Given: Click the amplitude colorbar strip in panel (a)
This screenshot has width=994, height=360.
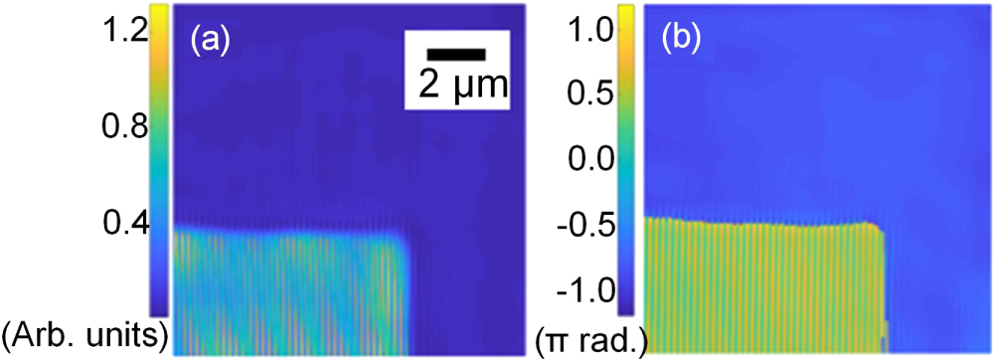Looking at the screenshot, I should pos(160,159).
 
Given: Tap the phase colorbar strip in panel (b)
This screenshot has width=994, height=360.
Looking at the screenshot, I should pos(627,159).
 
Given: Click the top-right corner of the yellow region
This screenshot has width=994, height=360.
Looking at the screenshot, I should pos(882,225).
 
